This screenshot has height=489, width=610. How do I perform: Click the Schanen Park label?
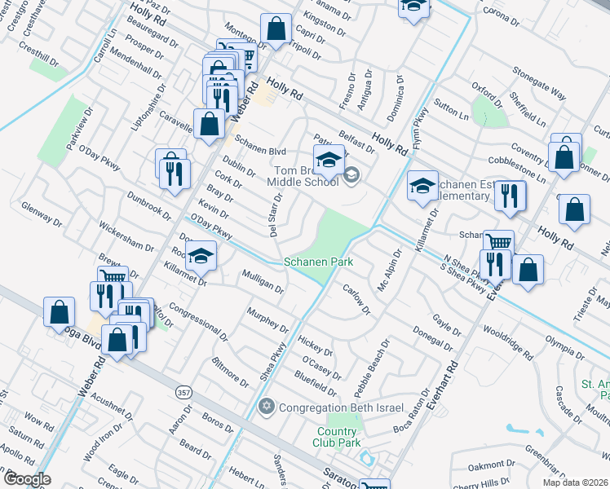click(x=318, y=262)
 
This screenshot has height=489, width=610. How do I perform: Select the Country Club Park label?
click(x=338, y=437)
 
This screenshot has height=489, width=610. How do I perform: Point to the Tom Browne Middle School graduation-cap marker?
click(x=329, y=161)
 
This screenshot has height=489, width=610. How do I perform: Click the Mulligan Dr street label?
click(x=263, y=281)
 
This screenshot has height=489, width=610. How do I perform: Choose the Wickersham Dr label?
click(x=126, y=235)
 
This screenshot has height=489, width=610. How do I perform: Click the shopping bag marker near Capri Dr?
click(x=276, y=29)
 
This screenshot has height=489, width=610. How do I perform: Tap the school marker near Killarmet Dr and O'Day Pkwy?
click(x=200, y=256)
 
